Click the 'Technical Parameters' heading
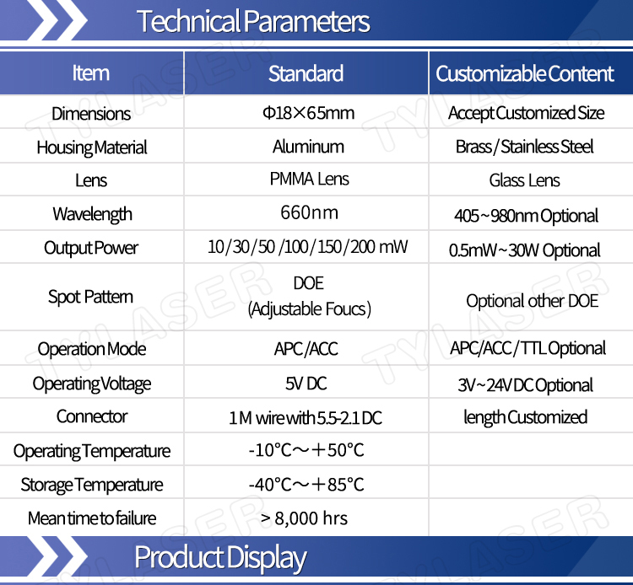click(x=253, y=21)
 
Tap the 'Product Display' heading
click(x=220, y=558)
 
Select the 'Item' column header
click(x=91, y=73)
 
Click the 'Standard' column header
click(x=306, y=74)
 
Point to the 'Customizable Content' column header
click(x=524, y=74)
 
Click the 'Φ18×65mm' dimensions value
click(x=308, y=113)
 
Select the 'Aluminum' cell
click(x=308, y=147)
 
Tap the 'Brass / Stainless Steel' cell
click(x=524, y=147)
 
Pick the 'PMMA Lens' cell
click(x=309, y=179)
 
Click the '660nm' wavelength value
click(x=309, y=212)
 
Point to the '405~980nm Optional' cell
click(x=526, y=216)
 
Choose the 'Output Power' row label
click(x=91, y=248)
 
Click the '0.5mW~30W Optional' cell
click(x=524, y=250)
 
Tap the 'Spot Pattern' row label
click(x=90, y=297)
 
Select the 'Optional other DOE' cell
click(x=532, y=301)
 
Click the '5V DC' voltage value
click(x=306, y=384)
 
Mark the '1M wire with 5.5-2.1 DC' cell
click(x=306, y=418)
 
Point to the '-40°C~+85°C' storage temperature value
click(x=306, y=484)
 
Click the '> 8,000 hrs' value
click(x=304, y=518)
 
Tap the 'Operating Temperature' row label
click(x=92, y=451)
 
